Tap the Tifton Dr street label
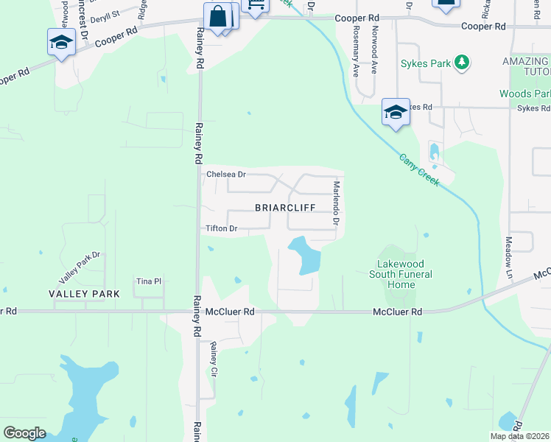(x=221, y=229)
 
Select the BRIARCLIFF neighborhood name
(x=285, y=208)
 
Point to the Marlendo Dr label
(x=335, y=203)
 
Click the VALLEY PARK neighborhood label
(x=84, y=293)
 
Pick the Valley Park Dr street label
(x=80, y=267)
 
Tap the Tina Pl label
(x=148, y=281)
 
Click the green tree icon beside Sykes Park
(x=462, y=63)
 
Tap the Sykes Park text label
(x=425, y=64)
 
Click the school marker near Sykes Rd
(x=396, y=113)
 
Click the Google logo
(x=24, y=432)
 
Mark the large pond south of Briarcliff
(x=307, y=254)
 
